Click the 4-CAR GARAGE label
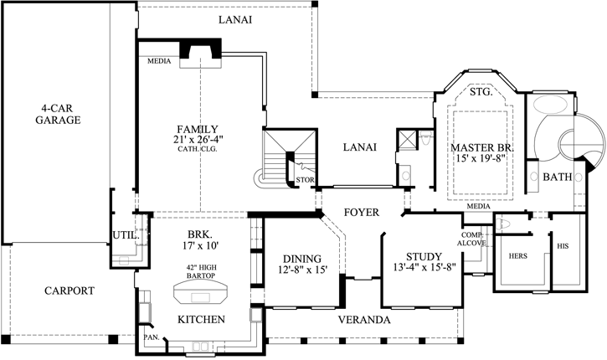(x=58, y=114)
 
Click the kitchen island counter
(x=201, y=295)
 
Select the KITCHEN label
(x=201, y=319)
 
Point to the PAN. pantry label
(x=152, y=337)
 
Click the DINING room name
(x=299, y=259)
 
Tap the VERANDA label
(x=364, y=321)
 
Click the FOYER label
(x=361, y=213)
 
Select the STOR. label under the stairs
(x=304, y=179)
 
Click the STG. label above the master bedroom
(x=481, y=92)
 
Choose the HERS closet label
(x=518, y=256)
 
